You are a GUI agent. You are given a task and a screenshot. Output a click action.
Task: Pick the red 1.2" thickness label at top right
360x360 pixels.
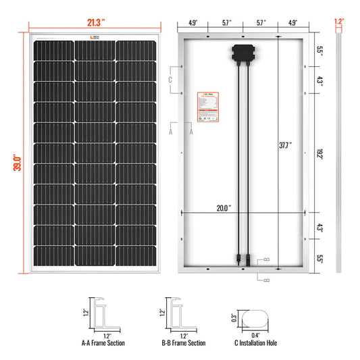coord(339,22)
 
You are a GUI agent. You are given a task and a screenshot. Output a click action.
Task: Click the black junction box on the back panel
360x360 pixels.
coord(242,53)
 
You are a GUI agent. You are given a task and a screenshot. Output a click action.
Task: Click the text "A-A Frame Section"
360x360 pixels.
coord(103,343)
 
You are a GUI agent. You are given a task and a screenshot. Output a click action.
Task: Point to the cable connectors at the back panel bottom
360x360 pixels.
coord(242,258)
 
